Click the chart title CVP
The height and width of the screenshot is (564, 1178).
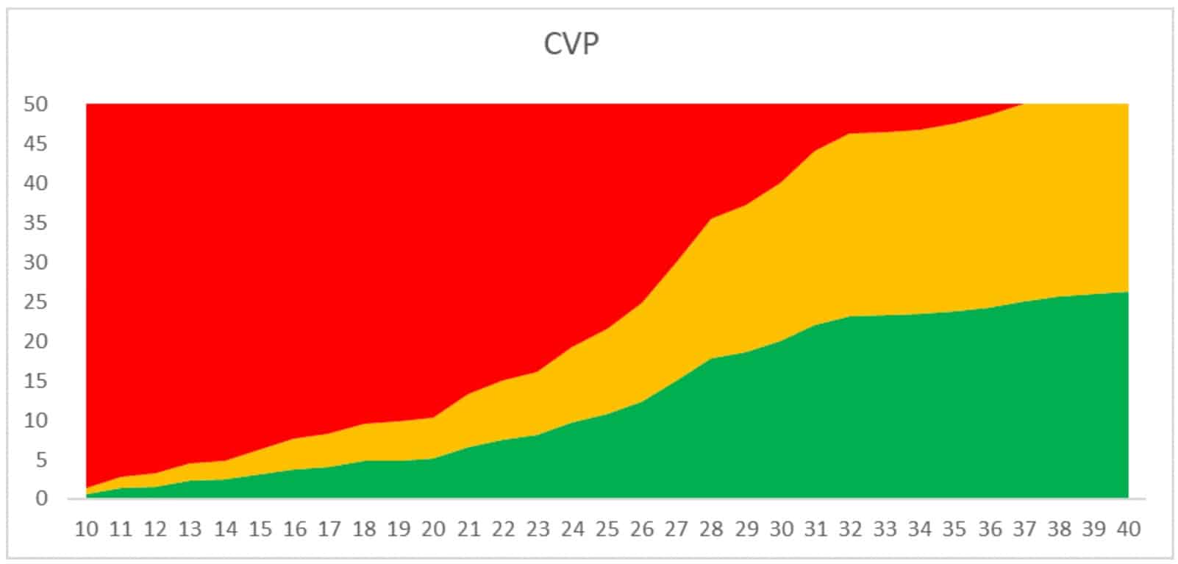[x=571, y=44]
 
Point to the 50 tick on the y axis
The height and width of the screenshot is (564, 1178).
[x=35, y=104]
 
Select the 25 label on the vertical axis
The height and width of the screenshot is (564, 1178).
[x=35, y=302]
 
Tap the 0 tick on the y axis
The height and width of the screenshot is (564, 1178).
[x=41, y=499]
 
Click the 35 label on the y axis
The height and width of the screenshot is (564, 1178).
[x=35, y=223]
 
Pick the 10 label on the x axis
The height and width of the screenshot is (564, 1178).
[x=87, y=529]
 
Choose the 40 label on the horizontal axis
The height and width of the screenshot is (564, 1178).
[x=1128, y=529]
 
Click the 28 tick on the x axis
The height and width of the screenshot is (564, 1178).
[x=711, y=529]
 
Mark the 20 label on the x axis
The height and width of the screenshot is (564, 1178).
[x=434, y=529]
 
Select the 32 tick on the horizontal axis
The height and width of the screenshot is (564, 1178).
[x=850, y=529]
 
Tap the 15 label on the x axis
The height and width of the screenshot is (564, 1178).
[x=260, y=529]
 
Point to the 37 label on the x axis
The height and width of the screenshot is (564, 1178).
[x=1024, y=529]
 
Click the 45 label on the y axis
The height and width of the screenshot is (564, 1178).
[x=35, y=144]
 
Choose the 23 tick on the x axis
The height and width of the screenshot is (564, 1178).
[x=538, y=529]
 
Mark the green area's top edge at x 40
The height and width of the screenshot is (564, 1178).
[x=1127, y=292]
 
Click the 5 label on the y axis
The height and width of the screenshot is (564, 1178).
[x=41, y=460]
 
